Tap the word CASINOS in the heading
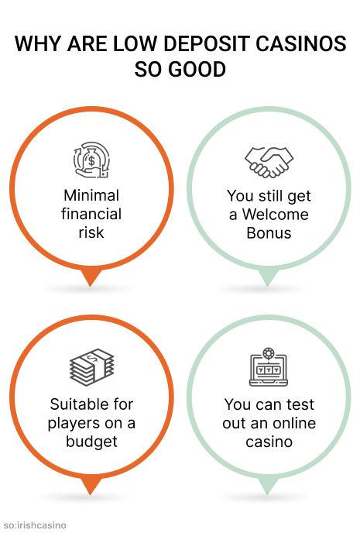301,43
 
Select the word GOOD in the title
197,70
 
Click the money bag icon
91,160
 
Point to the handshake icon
269,162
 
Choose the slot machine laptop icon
269,366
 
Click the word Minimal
91,195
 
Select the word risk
91,232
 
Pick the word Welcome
275,214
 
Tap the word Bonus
269,233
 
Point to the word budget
91,442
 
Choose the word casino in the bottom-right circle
269,442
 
